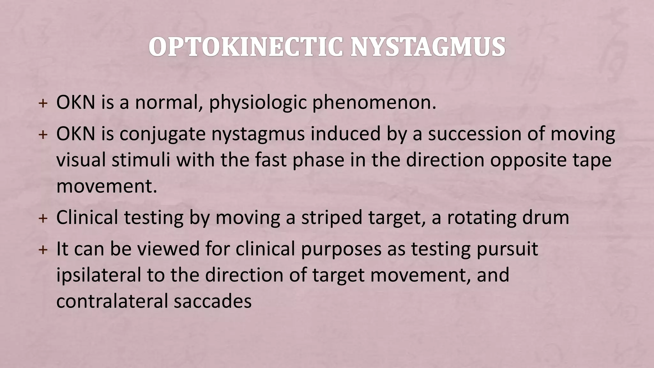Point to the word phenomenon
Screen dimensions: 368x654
[x=374, y=103]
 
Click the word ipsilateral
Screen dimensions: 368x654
[x=98, y=275]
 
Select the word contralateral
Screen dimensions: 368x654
[x=112, y=301]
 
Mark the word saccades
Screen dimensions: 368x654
[x=213, y=301]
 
